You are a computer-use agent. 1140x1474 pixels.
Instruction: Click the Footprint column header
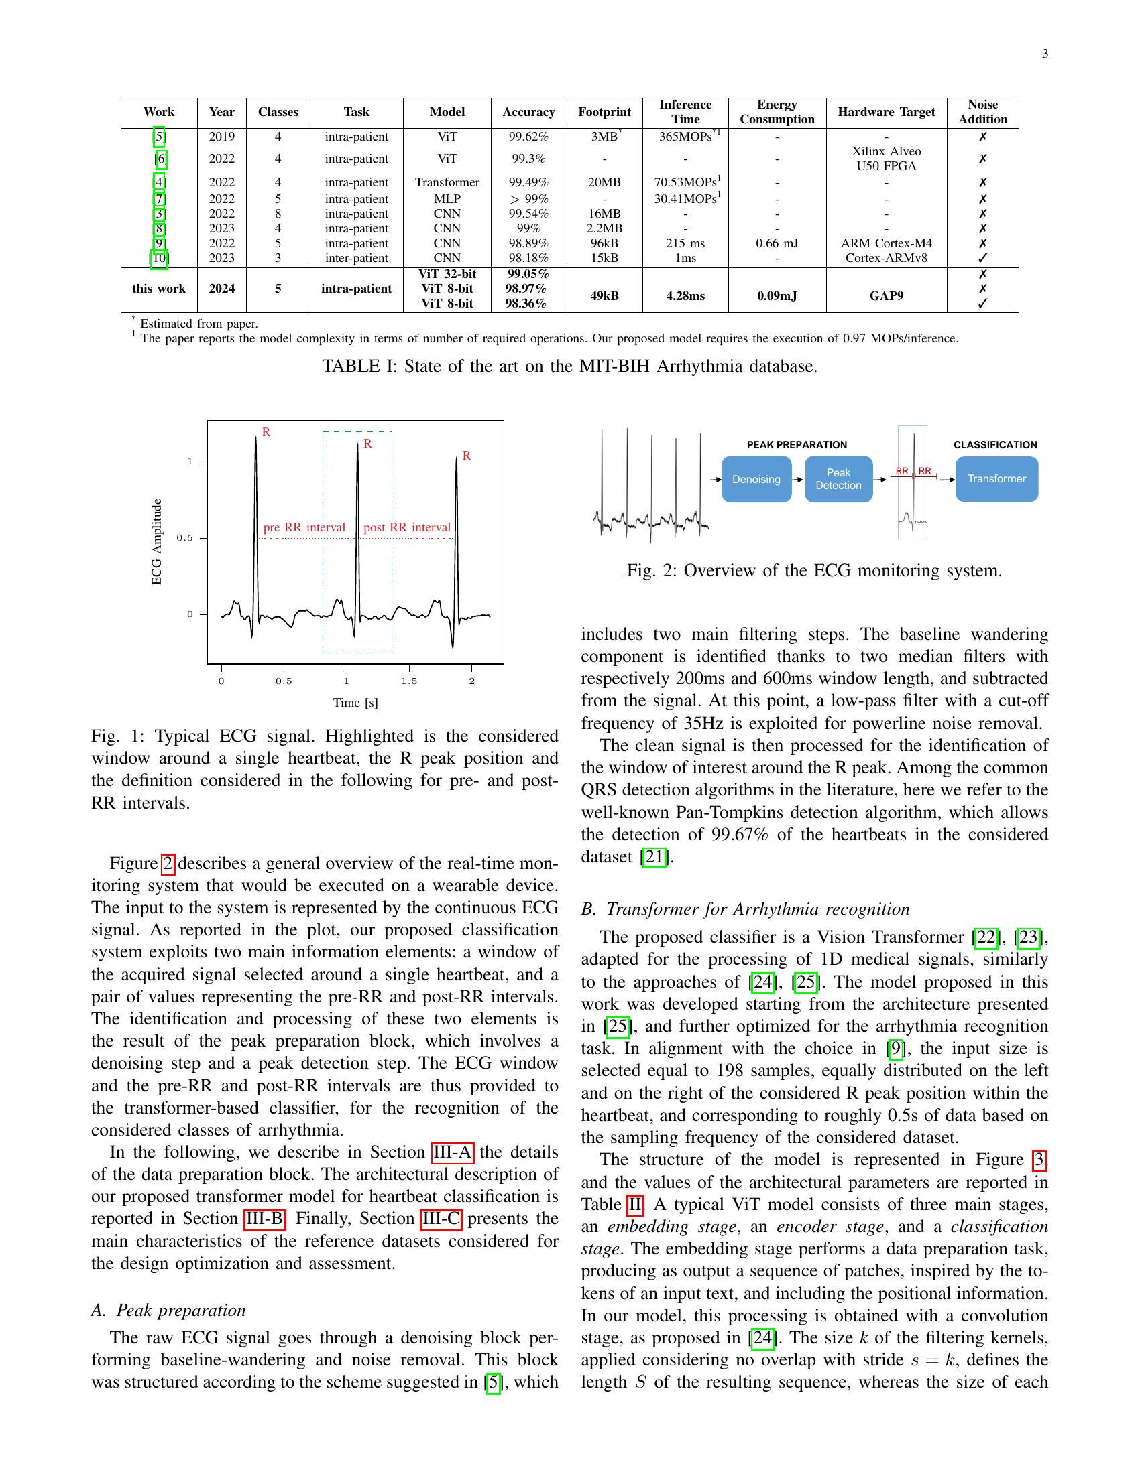[x=604, y=112]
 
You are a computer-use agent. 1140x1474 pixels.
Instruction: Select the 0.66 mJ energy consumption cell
[x=777, y=243]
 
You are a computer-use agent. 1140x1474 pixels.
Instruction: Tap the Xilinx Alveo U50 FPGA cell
[x=886, y=159]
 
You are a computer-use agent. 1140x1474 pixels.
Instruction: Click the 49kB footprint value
[x=604, y=295]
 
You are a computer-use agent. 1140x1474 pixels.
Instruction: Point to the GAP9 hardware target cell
[x=886, y=295]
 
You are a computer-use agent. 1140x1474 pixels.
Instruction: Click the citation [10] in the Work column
[x=159, y=258]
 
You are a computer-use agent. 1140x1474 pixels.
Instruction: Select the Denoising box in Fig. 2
[x=756, y=479]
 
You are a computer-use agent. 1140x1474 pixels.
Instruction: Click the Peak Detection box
[x=838, y=479]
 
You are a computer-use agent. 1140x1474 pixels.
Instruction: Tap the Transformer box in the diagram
[x=996, y=478]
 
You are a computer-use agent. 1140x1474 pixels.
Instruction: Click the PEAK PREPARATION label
[x=796, y=445]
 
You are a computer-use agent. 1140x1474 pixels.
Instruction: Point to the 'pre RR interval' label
[x=304, y=527]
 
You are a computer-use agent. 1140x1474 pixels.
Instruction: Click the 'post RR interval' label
[x=406, y=527]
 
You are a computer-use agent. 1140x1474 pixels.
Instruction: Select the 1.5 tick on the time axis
[x=409, y=681]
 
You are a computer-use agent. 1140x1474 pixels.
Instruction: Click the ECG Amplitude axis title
[x=157, y=541]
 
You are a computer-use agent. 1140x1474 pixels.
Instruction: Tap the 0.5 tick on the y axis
[x=184, y=538]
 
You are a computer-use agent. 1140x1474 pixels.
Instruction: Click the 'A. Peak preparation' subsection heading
[x=168, y=1310]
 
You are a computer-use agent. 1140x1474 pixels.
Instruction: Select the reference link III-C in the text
[x=441, y=1219]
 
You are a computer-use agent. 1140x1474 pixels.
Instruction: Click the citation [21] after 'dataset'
[x=654, y=856]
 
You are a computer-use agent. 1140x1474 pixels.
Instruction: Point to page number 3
[x=1045, y=54]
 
